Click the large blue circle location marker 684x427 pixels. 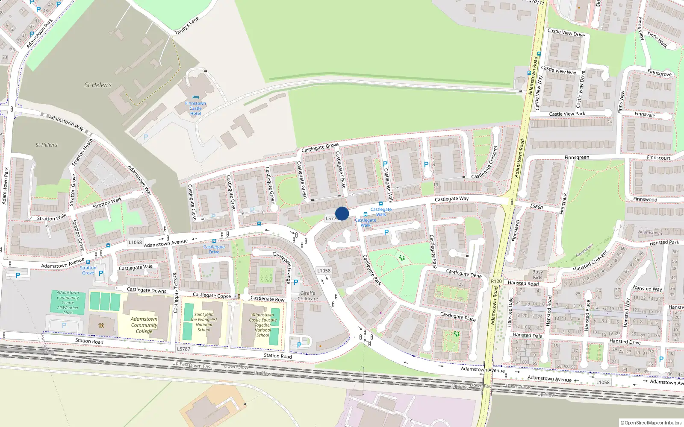point(342,213)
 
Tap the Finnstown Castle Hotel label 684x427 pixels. point(195,108)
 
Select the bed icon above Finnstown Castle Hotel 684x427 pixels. point(195,97)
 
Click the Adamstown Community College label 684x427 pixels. point(144,325)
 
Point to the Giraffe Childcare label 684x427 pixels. point(308,296)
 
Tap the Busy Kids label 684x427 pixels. point(537,275)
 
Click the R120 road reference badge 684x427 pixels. point(496,281)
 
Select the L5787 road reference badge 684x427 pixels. point(183,349)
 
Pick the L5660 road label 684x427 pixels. point(537,207)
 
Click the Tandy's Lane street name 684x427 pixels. point(187,26)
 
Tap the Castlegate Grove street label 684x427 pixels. point(320,148)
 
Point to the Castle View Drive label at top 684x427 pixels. point(566,32)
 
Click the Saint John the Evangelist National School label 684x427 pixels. point(204,322)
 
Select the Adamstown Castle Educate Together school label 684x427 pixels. point(262,325)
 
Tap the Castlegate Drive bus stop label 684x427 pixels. point(214,249)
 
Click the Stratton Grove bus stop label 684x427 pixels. point(88,270)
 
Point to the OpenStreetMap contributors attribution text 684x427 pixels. point(651,423)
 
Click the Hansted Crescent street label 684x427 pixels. point(590,261)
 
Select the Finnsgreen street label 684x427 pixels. point(577,158)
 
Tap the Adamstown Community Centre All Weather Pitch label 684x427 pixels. point(68,303)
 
